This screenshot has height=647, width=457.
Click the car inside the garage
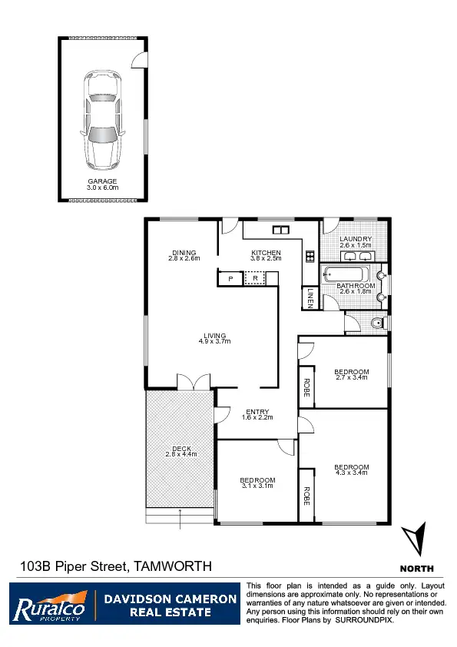click(x=103, y=120)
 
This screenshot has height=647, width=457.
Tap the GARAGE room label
click(x=102, y=182)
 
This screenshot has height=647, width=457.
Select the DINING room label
click(x=184, y=253)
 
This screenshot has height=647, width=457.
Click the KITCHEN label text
click(x=266, y=253)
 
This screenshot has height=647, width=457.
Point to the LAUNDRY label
click(x=356, y=239)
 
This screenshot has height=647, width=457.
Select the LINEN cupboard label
click(x=310, y=297)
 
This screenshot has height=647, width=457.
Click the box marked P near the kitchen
click(x=229, y=279)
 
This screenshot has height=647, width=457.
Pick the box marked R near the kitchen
click(x=255, y=279)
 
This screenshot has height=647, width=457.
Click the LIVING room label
click(x=214, y=336)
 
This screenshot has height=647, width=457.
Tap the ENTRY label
click(x=257, y=412)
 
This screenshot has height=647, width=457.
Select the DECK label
click(x=181, y=449)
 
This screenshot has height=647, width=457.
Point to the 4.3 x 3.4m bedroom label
click(x=351, y=467)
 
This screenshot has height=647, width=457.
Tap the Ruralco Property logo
click(x=49, y=604)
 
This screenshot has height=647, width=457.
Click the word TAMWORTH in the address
click(x=173, y=566)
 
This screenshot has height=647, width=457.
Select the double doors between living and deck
click(x=192, y=382)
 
